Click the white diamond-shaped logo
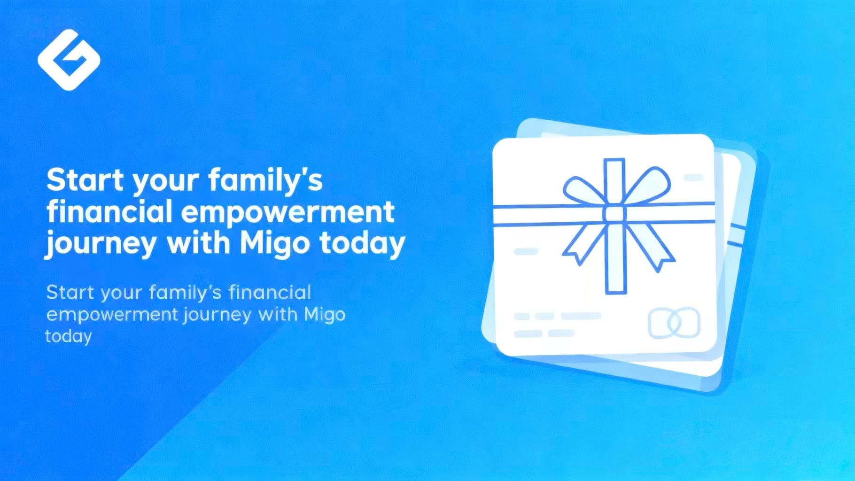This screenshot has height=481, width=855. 69,60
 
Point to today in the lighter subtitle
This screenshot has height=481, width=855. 68,336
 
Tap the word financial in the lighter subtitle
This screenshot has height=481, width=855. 270,292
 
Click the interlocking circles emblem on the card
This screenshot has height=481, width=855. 674,323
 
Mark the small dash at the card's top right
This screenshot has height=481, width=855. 693,177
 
